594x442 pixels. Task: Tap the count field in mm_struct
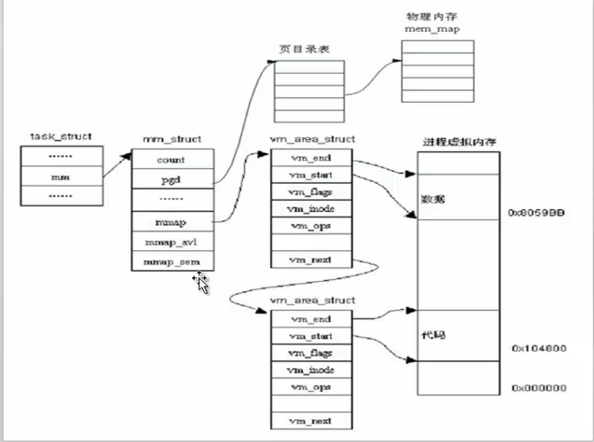pyautogui.click(x=173, y=159)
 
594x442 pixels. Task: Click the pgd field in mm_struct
pyautogui.click(x=173, y=179)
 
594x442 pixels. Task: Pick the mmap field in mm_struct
pyautogui.click(x=173, y=221)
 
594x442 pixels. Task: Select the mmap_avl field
pyautogui.click(x=173, y=242)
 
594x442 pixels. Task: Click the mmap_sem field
pyautogui.click(x=173, y=262)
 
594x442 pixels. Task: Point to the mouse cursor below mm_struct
pyautogui.click(x=201, y=282)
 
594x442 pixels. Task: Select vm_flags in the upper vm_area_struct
pyautogui.click(x=310, y=191)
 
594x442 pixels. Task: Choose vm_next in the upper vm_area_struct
pyautogui.click(x=310, y=260)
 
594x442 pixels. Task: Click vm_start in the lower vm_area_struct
pyautogui.click(x=310, y=336)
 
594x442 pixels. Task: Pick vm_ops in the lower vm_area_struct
pyautogui.click(x=310, y=387)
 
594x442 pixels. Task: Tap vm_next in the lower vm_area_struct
pyautogui.click(x=310, y=420)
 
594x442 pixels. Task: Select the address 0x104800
pyautogui.click(x=539, y=348)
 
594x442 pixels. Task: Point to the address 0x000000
pyautogui.click(x=539, y=387)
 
